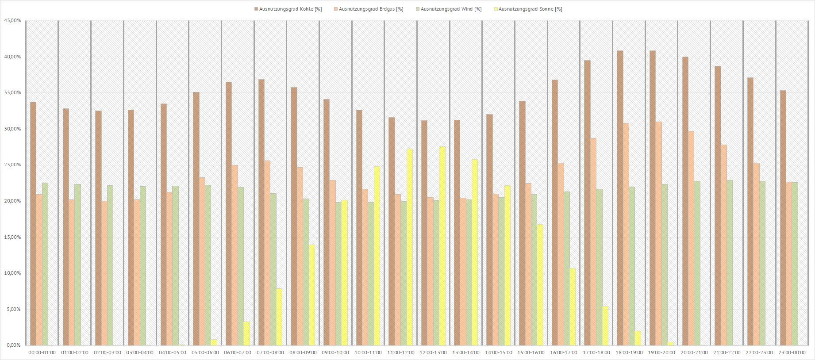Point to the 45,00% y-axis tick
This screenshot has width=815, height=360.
pos(12,21)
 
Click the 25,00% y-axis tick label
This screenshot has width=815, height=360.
pos(12,165)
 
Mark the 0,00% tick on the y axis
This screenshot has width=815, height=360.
pos(13,345)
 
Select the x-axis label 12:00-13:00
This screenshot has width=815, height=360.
pos(433,353)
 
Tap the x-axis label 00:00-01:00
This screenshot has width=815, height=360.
pos(42,353)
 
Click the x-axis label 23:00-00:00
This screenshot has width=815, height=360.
pos(792,353)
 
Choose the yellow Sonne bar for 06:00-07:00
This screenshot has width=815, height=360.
pos(246,333)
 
